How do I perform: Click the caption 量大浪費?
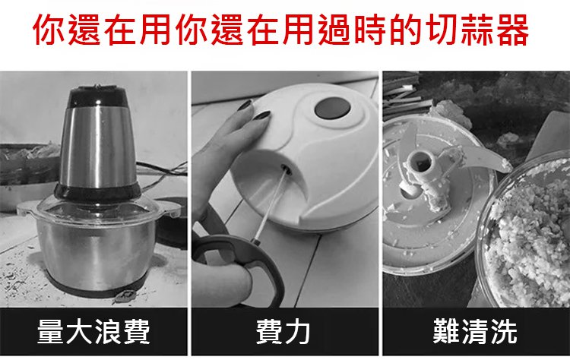click(x=93, y=331)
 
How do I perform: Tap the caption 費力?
click(x=283, y=331)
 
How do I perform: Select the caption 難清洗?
click(x=475, y=331)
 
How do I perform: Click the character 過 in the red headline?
click(x=334, y=30)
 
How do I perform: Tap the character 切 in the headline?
click(x=441, y=30)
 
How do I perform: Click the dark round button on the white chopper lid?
click(x=332, y=108)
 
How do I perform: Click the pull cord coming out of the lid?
click(x=270, y=206)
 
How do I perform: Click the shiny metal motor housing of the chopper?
click(x=98, y=147)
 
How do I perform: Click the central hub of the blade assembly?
click(x=421, y=161)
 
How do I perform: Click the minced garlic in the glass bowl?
click(x=529, y=236)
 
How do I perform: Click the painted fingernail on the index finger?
click(x=262, y=115)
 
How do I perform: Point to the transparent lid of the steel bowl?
click(x=97, y=210)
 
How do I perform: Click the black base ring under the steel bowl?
click(x=97, y=287)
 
